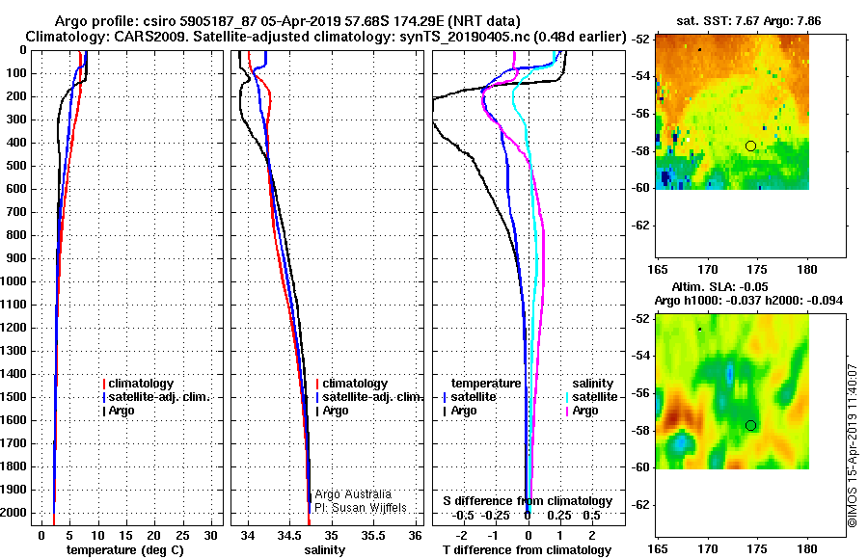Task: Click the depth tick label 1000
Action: pos(14,281)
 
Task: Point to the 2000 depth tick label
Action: pos(14,513)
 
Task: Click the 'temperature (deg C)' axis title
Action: pos(125,550)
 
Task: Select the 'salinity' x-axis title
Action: pos(325,550)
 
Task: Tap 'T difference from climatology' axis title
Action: pos(527,550)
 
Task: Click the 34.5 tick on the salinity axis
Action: pos(290,536)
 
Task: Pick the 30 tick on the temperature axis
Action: pos(210,536)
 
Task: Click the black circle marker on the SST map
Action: pos(750,146)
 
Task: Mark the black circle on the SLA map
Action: pos(750,426)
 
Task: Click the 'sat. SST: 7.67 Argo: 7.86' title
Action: pos(748,21)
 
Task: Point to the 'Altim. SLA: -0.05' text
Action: pos(719,286)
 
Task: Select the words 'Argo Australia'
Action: pos(353,494)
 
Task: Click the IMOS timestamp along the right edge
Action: pos(853,445)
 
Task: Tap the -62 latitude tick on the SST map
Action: pos(641,226)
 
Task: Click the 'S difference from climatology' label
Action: pos(528,501)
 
